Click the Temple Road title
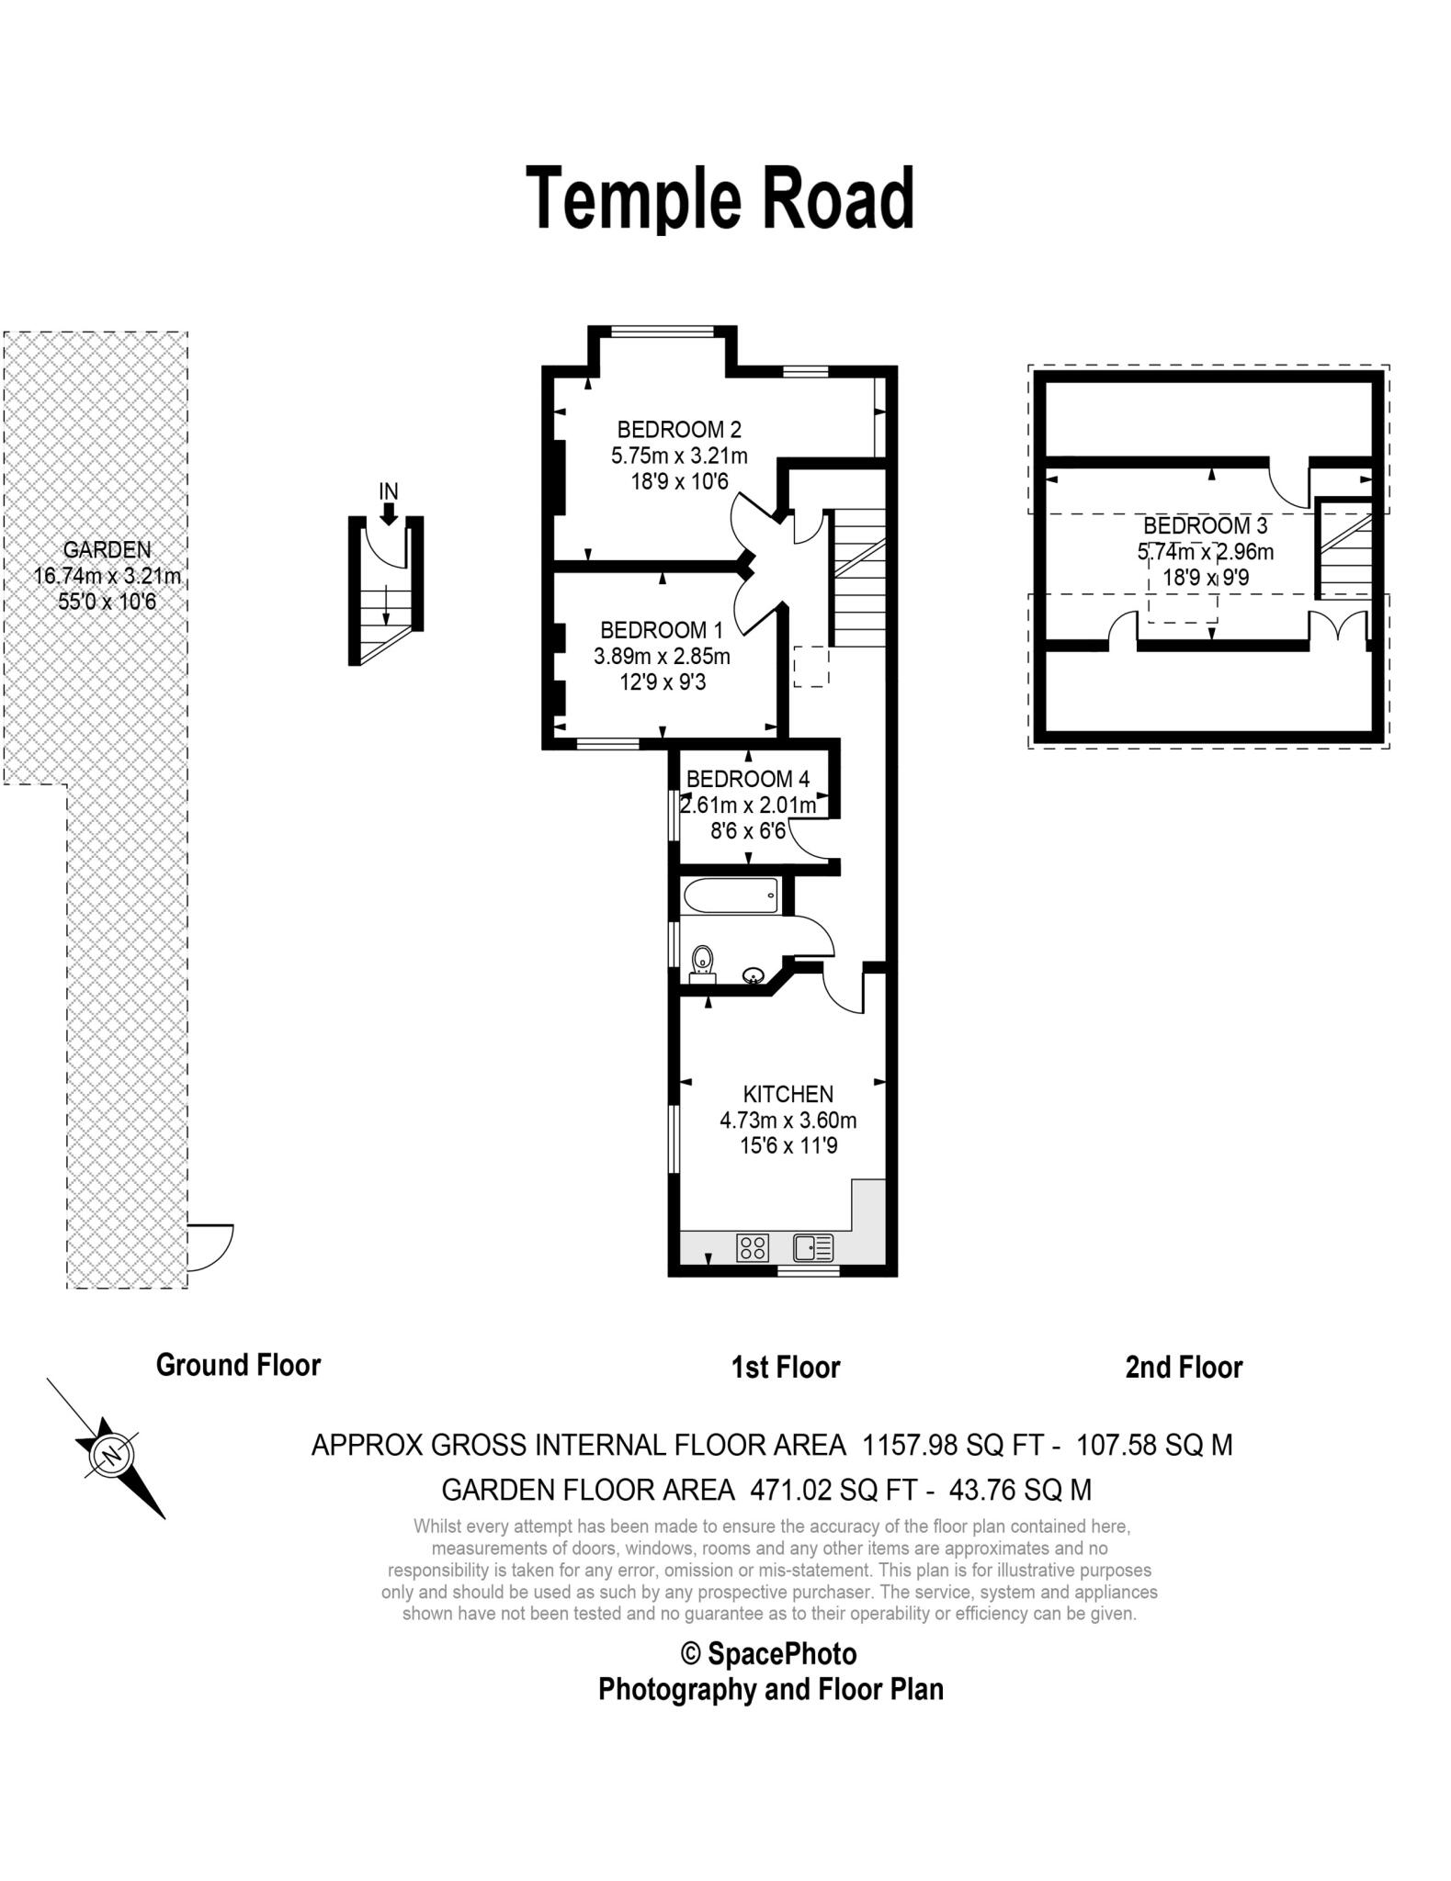(720, 198)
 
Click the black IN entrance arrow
(389, 513)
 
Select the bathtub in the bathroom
(731, 895)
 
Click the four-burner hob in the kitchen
(753, 1247)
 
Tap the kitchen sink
(813, 1247)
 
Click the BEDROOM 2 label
(679, 429)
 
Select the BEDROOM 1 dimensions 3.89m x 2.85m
(662, 657)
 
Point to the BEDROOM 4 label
(748, 779)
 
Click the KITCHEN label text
(788, 1094)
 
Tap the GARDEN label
(107, 549)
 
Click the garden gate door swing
(210, 1247)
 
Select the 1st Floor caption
(786, 1368)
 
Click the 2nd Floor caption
(1184, 1368)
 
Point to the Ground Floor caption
(238, 1365)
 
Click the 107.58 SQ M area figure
(1154, 1446)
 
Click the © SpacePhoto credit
(768, 1654)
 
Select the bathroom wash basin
(754, 974)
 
